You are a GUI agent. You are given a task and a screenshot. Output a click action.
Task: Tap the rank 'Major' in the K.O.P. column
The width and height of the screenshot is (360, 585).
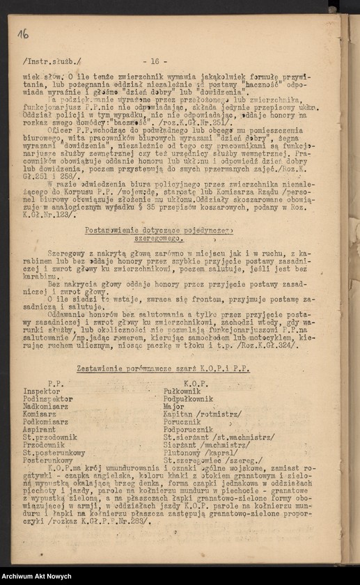point(175,406)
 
